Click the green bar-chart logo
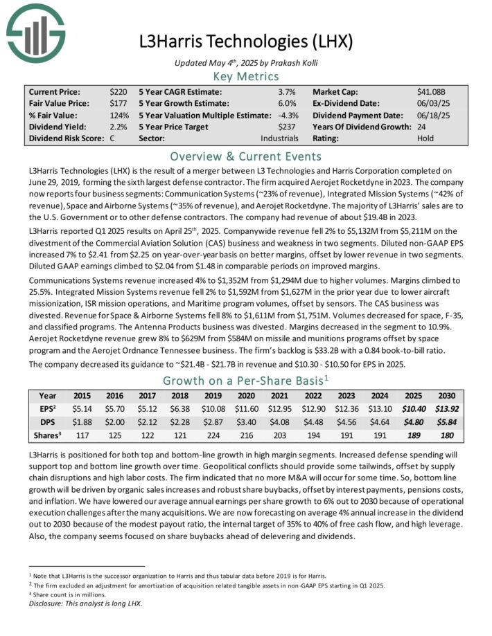pos(32,32)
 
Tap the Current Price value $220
pos(118,91)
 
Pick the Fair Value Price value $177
pos(118,103)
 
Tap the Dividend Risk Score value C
pos(112,138)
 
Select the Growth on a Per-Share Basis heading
pos(246,380)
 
